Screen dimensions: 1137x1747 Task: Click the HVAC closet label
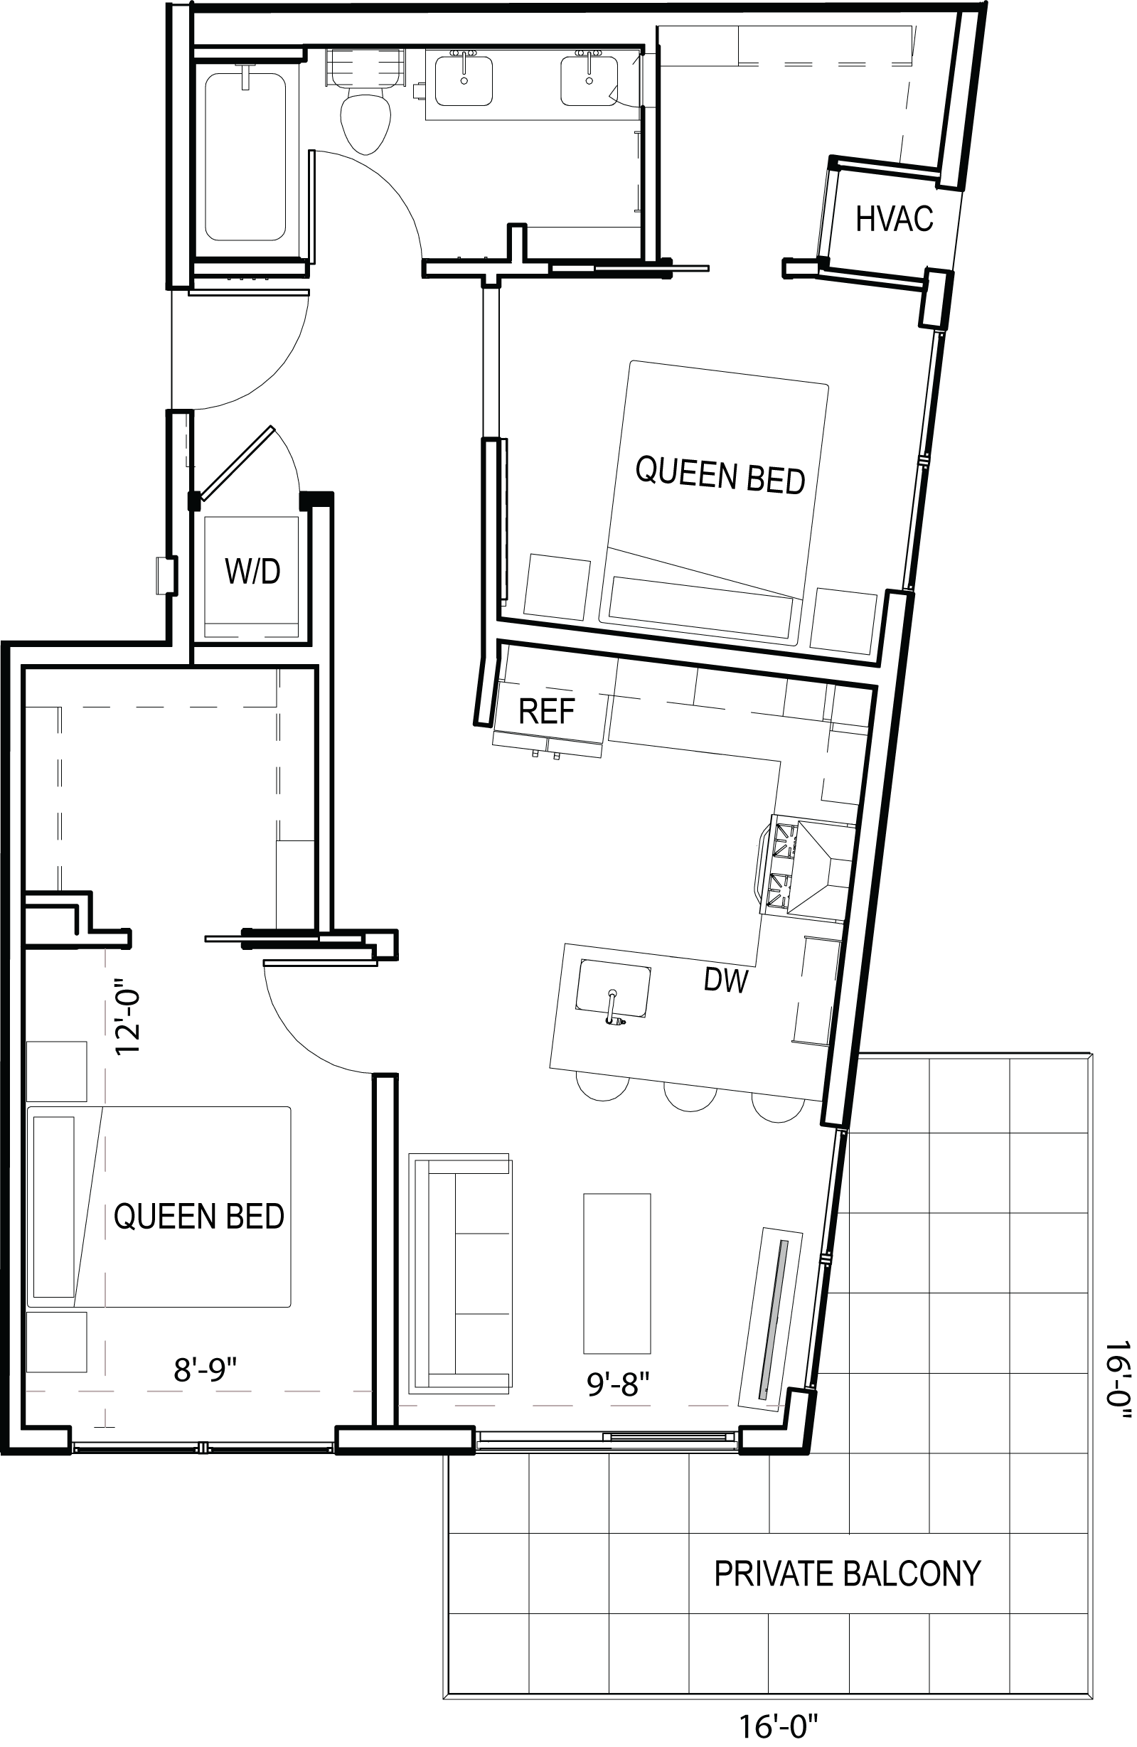pyautogui.click(x=894, y=219)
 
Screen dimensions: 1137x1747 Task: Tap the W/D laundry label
pyautogui.click(x=252, y=570)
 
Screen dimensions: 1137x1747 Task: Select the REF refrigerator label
pyautogui.click(x=547, y=710)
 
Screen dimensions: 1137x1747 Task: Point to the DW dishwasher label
pyautogui.click(x=726, y=980)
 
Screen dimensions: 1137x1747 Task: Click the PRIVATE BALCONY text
pyautogui.click(x=848, y=1573)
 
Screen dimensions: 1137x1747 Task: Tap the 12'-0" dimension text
pyautogui.click(x=127, y=1020)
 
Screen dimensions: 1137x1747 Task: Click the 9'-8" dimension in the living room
pyautogui.click(x=618, y=1384)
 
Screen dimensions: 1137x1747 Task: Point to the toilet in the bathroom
pyautogui.click(x=365, y=104)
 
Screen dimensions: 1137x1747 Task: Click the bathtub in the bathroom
pyautogui.click(x=245, y=156)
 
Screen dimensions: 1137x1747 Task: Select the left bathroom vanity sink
pyautogui.click(x=463, y=81)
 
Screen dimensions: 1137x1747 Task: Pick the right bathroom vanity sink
pyautogui.click(x=589, y=81)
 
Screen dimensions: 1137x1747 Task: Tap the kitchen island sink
pyautogui.click(x=613, y=988)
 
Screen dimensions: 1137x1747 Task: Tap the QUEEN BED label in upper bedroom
pyautogui.click(x=720, y=476)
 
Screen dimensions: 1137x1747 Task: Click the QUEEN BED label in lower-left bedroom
pyautogui.click(x=199, y=1217)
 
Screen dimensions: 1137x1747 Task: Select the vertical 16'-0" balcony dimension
pyautogui.click(x=1118, y=1372)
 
